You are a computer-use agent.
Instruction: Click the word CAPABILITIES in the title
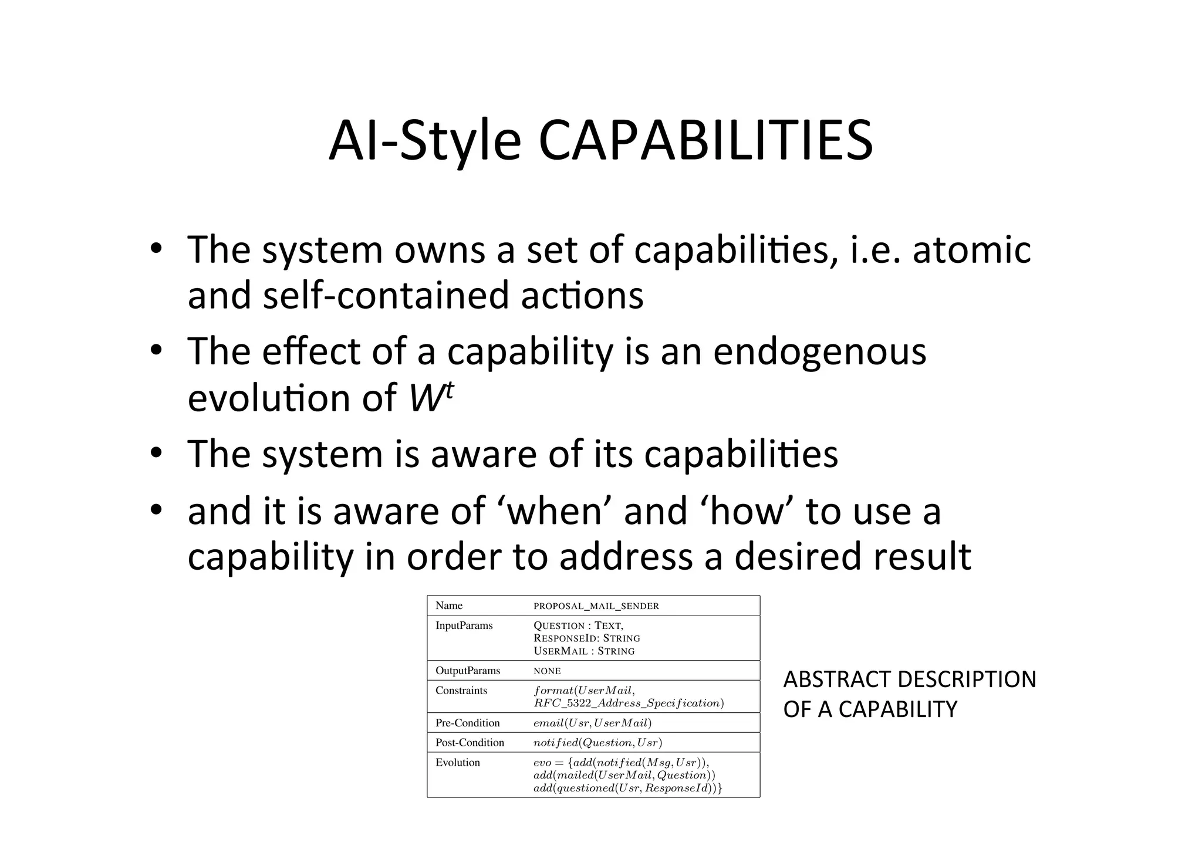click(x=705, y=141)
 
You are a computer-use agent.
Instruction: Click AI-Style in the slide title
click(x=424, y=142)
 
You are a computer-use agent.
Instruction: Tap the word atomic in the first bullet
click(x=971, y=249)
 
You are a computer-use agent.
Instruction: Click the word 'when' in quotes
click(x=554, y=510)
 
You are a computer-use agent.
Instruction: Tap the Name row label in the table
click(x=449, y=606)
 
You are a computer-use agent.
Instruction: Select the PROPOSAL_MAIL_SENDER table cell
click(x=596, y=606)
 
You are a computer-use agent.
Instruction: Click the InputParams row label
click(x=464, y=625)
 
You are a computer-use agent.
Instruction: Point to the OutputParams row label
click(x=468, y=671)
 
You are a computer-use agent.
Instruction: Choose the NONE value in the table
click(x=547, y=671)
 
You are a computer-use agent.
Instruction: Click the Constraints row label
click(x=461, y=691)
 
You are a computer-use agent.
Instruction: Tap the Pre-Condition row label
click(x=468, y=723)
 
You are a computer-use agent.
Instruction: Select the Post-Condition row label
click(x=470, y=743)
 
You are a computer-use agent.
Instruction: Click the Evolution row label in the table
click(x=458, y=763)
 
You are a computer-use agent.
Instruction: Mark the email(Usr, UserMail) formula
click(x=592, y=723)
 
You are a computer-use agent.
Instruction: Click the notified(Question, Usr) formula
click(x=597, y=743)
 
